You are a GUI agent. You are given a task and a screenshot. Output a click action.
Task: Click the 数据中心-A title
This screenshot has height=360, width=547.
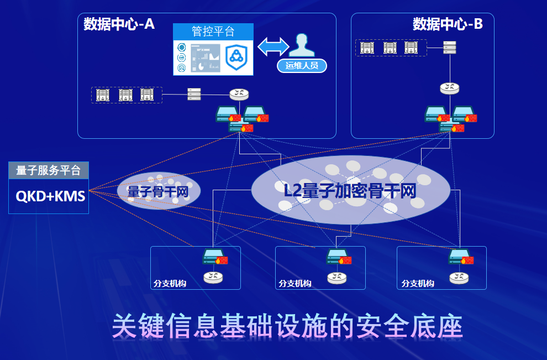(119, 24)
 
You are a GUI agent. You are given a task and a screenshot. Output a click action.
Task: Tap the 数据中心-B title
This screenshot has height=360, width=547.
(448, 24)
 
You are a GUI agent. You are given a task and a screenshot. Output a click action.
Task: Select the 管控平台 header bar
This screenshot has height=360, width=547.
(213, 32)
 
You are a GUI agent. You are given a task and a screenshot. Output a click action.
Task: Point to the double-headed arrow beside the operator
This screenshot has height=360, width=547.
(273, 46)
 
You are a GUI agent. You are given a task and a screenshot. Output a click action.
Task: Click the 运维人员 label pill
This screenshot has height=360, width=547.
(302, 66)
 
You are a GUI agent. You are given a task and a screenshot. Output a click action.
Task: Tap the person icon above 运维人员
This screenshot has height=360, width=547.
(301, 45)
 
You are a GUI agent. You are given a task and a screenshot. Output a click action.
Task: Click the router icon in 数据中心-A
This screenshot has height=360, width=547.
(239, 95)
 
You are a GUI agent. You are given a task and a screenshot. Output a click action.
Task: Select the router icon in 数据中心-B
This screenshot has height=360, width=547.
(450, 87)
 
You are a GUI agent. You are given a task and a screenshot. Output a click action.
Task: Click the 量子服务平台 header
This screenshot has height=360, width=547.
(49, 171)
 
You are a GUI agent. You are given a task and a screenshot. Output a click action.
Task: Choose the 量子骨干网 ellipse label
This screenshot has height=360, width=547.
(159, 191)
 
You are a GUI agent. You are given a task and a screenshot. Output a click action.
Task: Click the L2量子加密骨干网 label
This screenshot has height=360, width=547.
(349, 191)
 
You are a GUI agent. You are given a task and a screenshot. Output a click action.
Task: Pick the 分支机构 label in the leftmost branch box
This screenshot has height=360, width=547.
(170, 284)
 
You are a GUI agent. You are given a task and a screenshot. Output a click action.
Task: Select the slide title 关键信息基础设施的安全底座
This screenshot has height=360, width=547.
(287, 327)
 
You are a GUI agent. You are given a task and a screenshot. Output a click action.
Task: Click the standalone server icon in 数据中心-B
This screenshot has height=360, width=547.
(449, 48)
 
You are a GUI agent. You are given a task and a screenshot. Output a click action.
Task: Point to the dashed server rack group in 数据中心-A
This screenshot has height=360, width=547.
(126, 95)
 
